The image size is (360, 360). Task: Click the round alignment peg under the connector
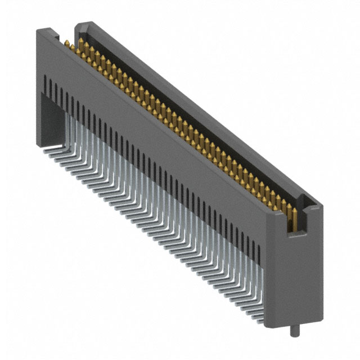point(292,330)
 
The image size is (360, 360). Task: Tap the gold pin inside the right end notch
point(292,219)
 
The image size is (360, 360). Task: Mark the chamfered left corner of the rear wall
point(79,25)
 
